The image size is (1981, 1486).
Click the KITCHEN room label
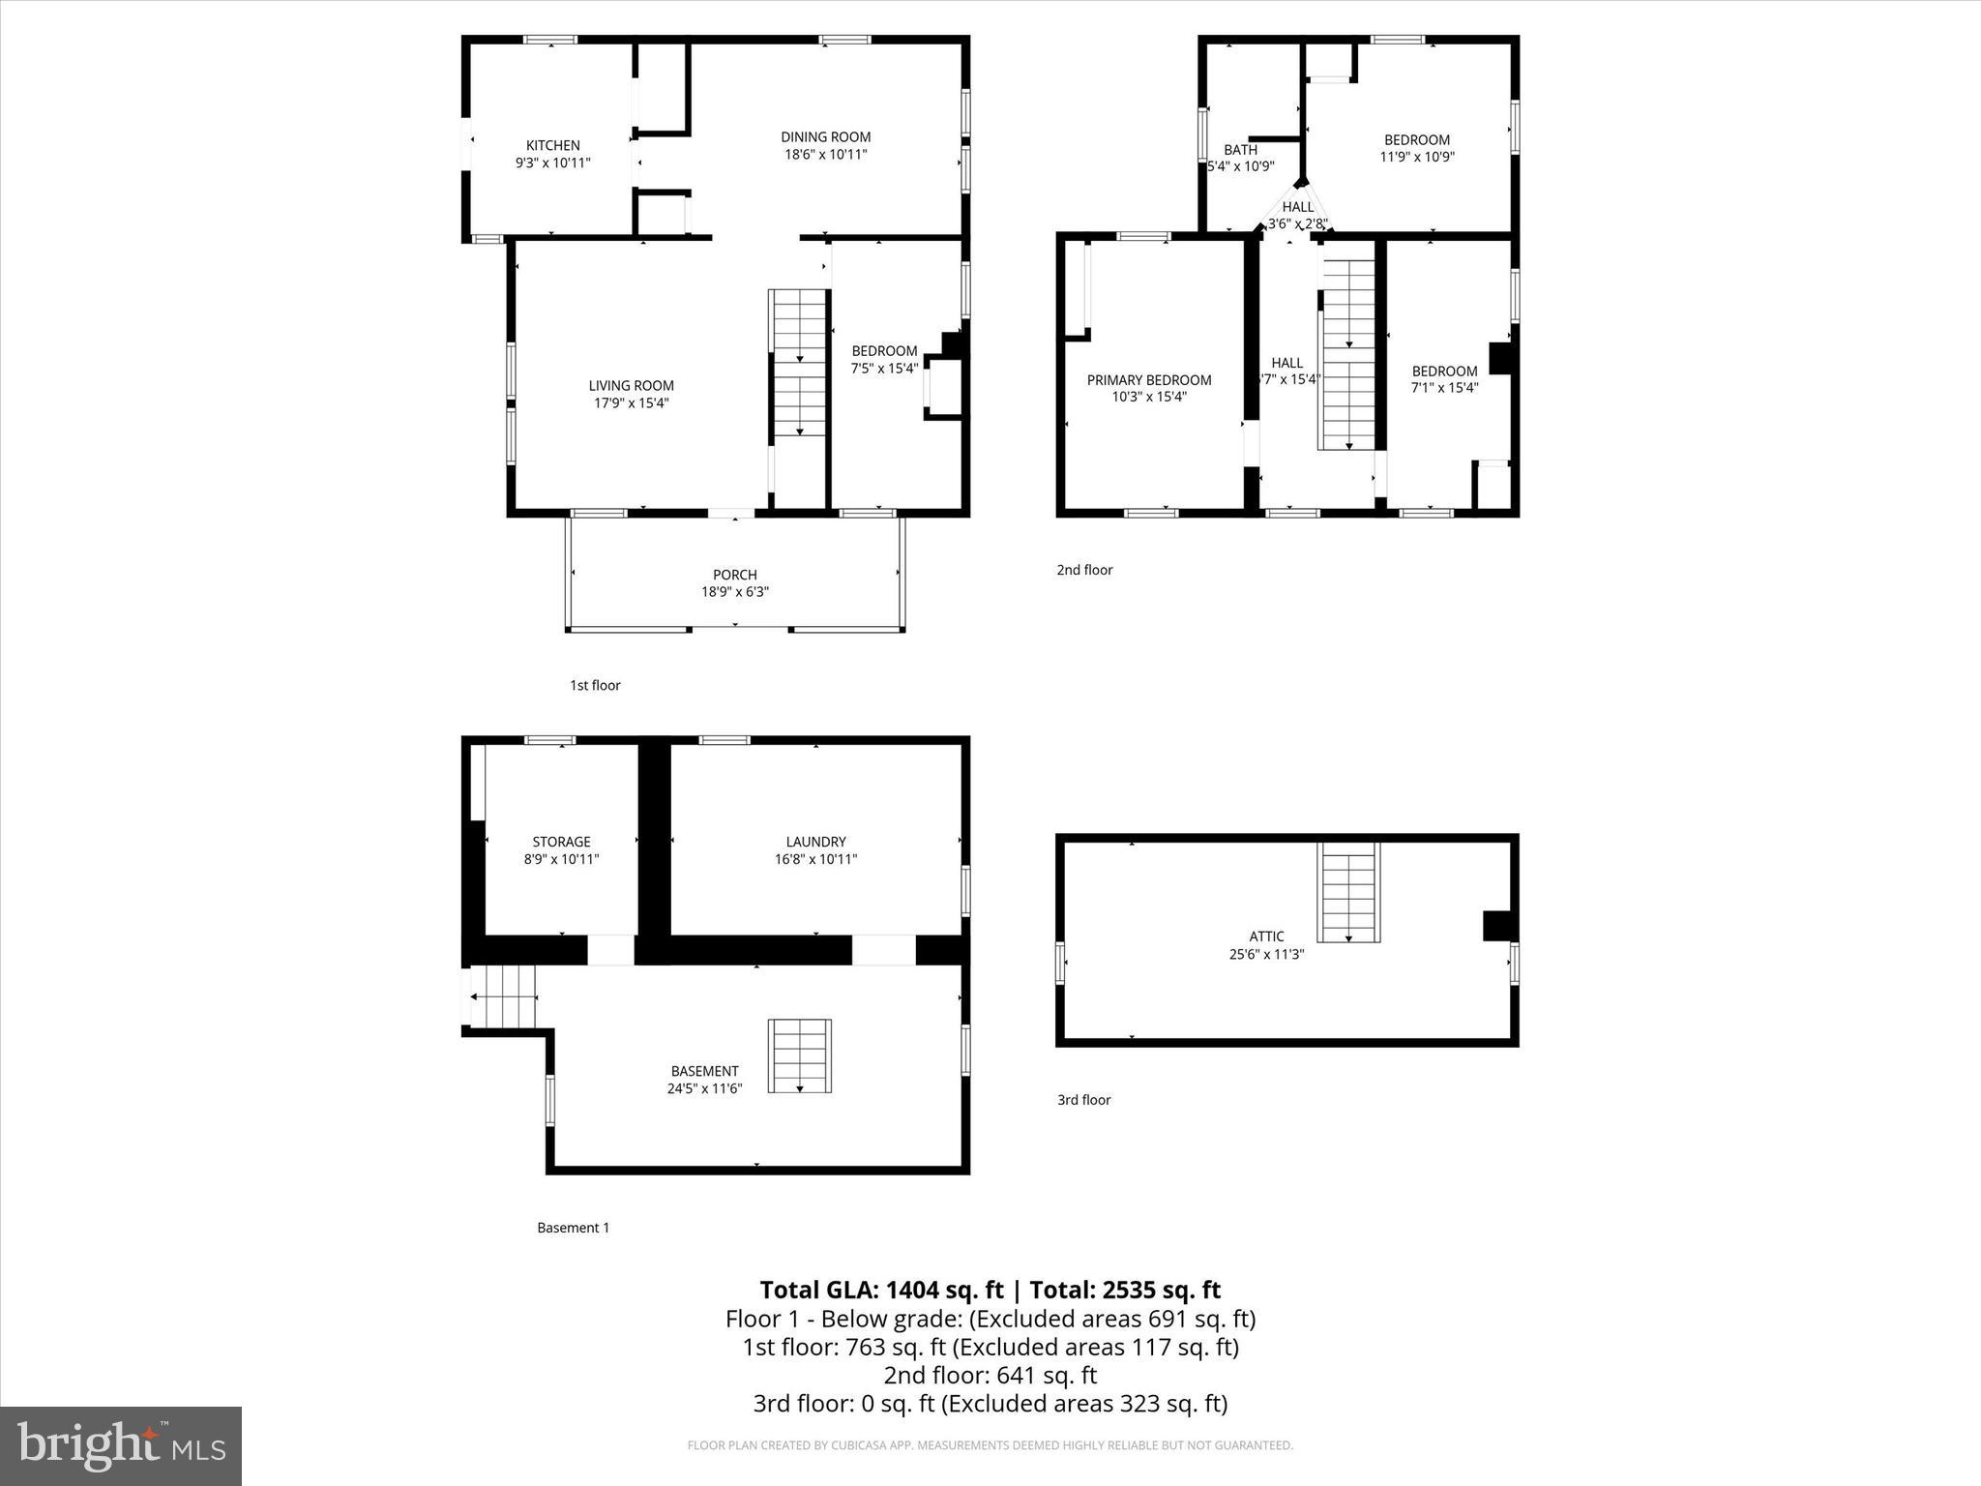tap(552, 145)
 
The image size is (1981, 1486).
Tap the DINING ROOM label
tap(825, 137)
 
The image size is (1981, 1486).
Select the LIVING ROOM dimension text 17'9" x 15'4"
tap(631, 402)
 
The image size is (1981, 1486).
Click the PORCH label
tap(734, 575)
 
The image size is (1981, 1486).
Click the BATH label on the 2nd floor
tap(1240, 150)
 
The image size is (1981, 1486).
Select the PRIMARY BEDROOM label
tap(1148, 380)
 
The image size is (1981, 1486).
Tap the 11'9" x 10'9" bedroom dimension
tap(1416, 157)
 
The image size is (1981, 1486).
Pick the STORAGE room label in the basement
tap(561, 842)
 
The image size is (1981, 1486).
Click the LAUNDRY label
tap(815, 842)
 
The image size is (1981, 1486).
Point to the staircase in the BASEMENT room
tap(799, 1055)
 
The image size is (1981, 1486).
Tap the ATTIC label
tap(1266, 936)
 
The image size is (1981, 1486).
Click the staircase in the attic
tap(1348, 892)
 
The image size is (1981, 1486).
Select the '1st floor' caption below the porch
tap(595, 685)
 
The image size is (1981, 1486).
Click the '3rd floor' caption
tap(1083, 1100)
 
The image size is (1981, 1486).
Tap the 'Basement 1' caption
tap(573, 1228)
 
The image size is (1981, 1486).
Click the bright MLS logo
tap(121, 1445)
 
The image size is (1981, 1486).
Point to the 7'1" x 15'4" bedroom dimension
tap(1444, 388)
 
